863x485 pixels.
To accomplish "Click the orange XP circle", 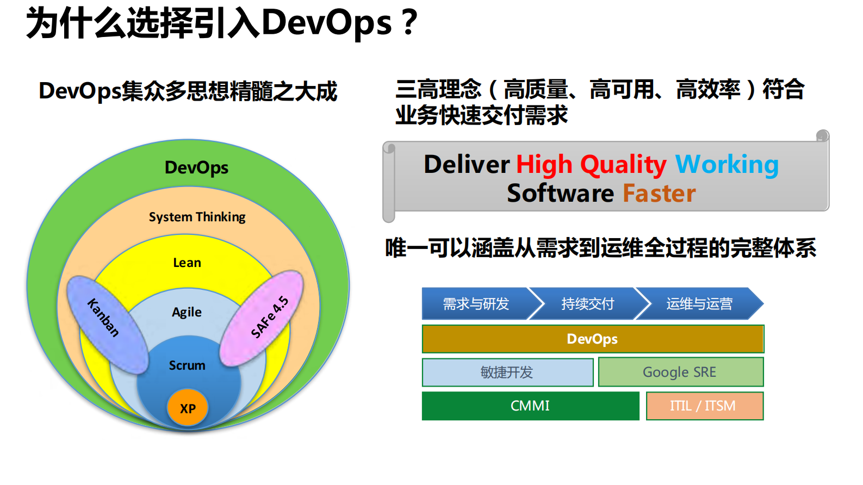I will pyautogui.click(x=188, y=408).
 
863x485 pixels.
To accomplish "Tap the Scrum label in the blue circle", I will pyautogui.click(x=187, y=365).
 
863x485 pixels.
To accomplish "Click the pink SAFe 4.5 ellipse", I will pyautogui.click(x=262, y=319).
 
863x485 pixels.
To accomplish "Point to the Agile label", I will pyautogui.click(x=187, y=312).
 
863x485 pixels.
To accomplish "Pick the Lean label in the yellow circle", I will pyautogui.click(x=187, y=263).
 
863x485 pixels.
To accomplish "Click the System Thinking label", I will pyautogui.click(x=197, y=217).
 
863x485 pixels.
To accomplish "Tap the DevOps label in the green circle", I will pyautogui.click(x=196, y=167).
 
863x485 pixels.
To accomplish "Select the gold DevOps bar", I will pyautogui.click(x=593, y=339).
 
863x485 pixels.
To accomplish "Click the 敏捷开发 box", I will pyautogui.click(x=507, y=372).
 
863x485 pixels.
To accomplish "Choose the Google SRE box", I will pyautogui.click(x=680, y=372).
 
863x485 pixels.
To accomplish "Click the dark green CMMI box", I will pyautogui.click(x=530, y=406).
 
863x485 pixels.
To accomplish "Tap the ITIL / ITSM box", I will pyautogui.click(x=704, y=406).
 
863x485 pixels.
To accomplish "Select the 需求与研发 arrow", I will pyautogui.click(x=475, y=303).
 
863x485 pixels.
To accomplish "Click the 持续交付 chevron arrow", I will pyautogui.click(x=587, y=303).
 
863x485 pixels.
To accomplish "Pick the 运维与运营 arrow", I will pyautogui.click(x=699, y=303).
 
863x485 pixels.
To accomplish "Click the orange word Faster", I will pyautogui.click(x=659, y=194).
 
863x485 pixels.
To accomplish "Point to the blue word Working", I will pyautogui.click(x=727, y=164).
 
